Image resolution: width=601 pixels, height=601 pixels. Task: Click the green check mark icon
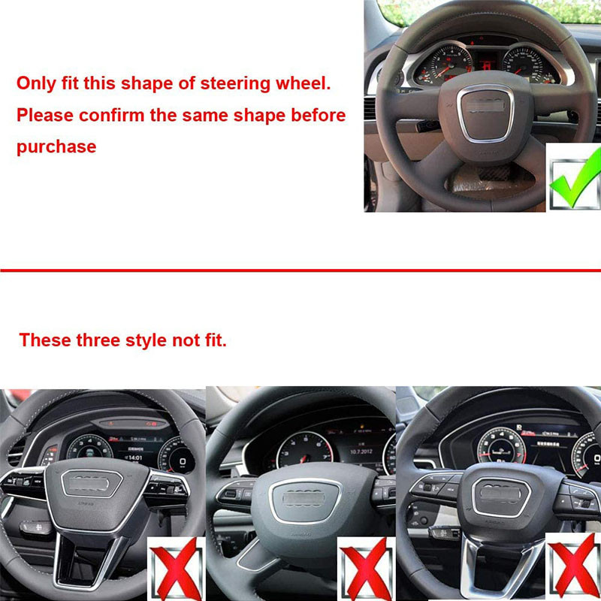[x=574, y=178]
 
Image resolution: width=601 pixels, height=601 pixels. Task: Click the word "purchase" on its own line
[x=56, y=146]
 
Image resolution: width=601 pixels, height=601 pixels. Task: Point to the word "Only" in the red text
[x=35, y=83]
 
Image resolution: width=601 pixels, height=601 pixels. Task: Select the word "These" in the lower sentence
[x=45, y=340]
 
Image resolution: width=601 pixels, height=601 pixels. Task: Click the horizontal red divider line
[x=300, y=270]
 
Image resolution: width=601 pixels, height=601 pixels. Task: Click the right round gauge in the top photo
[x=529, y=66]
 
